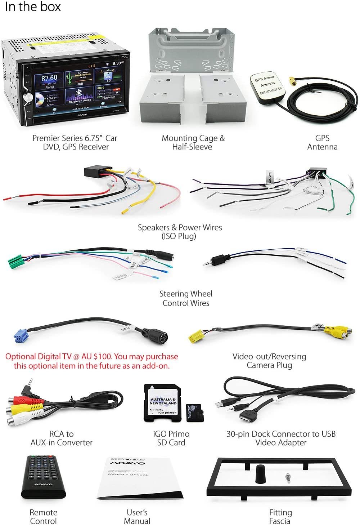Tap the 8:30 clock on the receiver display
119,63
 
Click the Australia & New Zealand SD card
163,402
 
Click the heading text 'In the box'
32,7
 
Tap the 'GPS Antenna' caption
322,142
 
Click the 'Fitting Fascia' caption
280,517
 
